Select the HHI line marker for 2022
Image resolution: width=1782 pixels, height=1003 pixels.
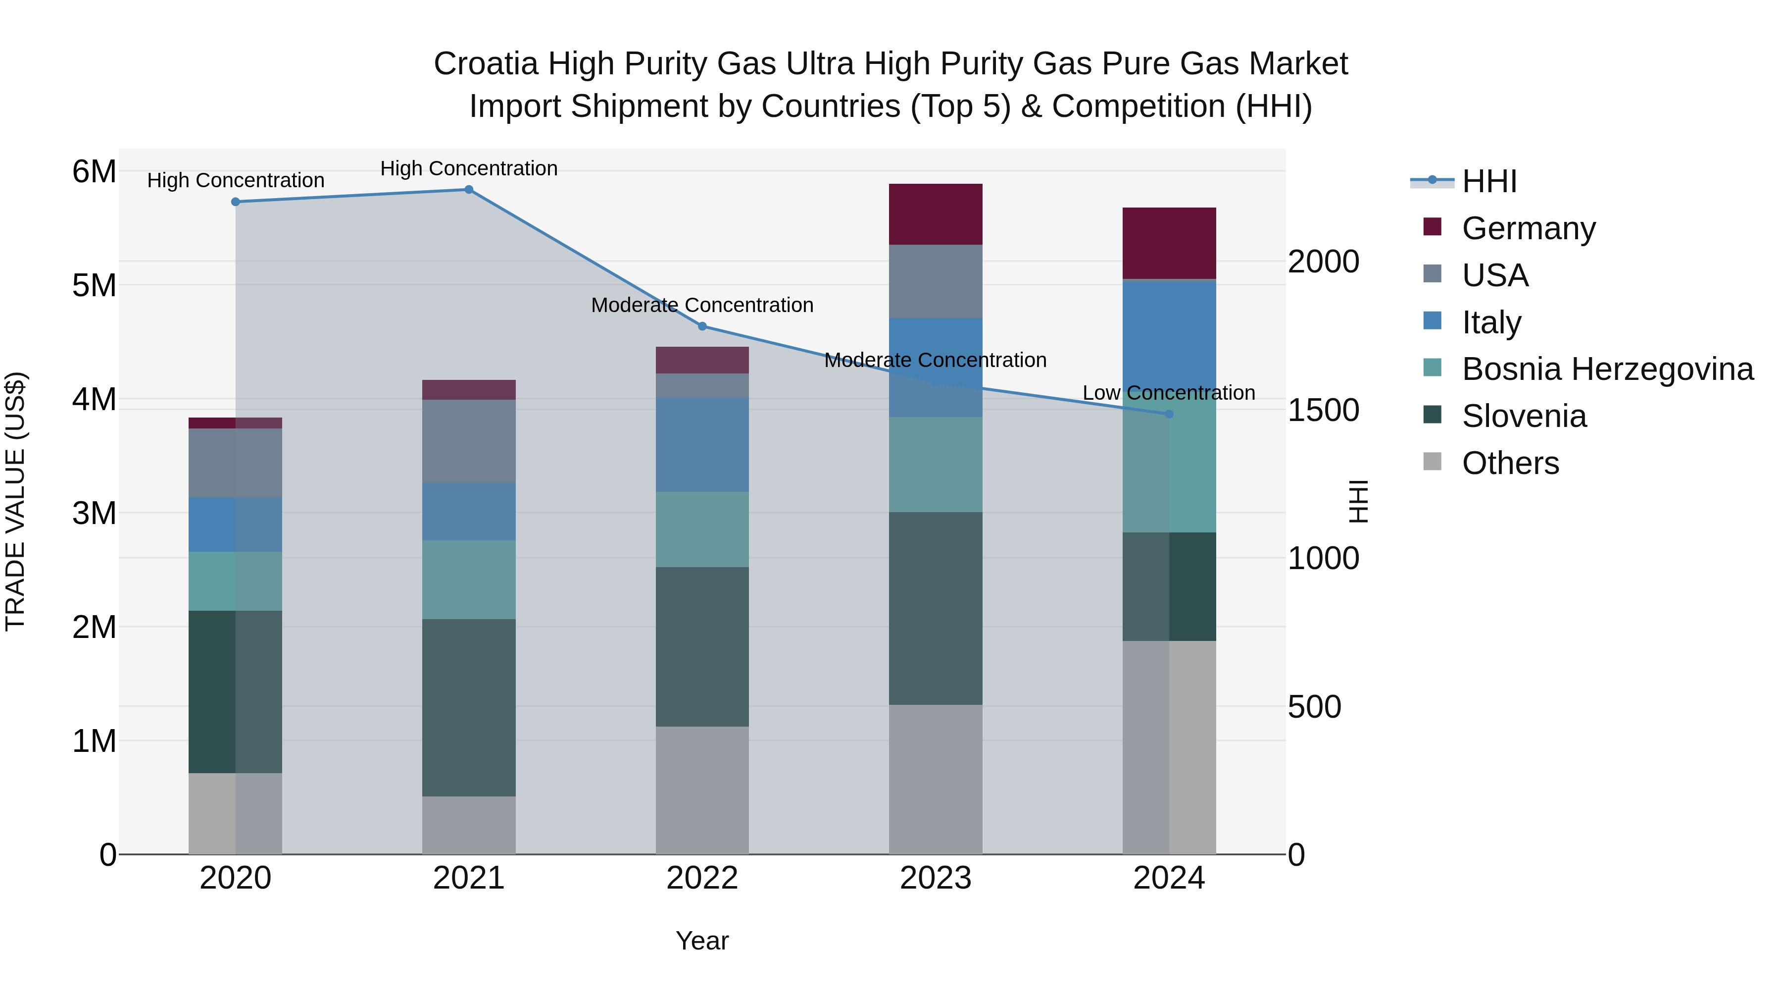[702, 326]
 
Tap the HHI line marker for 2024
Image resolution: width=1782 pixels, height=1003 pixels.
[1169, 414]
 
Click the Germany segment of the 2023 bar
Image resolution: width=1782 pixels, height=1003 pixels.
[935, 214]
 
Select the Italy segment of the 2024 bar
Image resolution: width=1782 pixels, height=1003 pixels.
[1169, 332]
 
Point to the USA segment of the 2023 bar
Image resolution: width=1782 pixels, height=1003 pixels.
[935, 281]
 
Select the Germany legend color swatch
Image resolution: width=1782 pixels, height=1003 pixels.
[1432, 227]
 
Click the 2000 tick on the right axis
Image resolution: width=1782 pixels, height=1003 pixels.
[1323, 262]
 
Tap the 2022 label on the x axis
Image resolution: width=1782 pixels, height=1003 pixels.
[702, 878]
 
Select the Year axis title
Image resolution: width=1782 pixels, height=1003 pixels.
[702, 941]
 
